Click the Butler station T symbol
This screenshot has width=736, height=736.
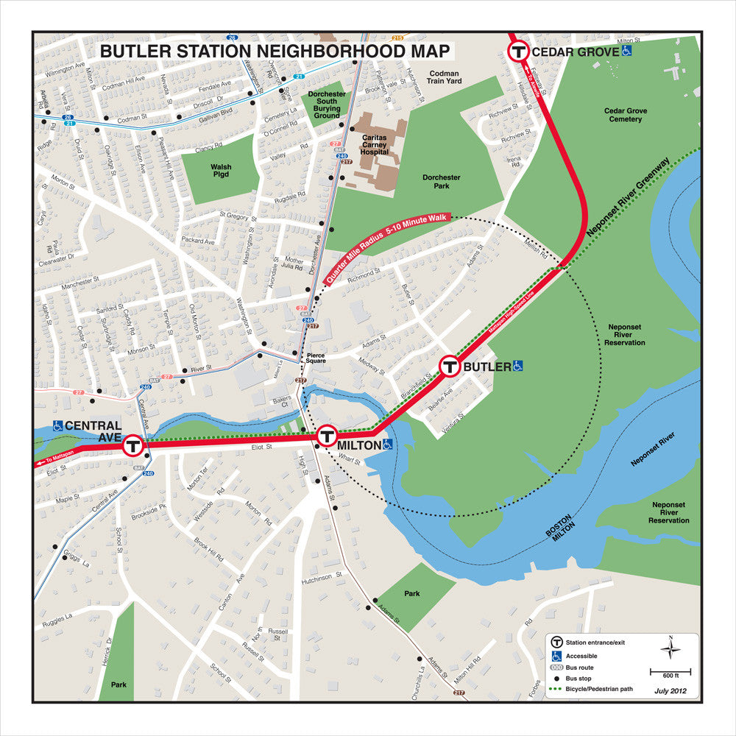450,366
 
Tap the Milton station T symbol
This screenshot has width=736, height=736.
327,436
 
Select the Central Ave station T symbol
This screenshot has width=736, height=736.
133,445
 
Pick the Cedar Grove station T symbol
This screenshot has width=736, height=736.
518,52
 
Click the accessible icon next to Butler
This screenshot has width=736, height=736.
518,366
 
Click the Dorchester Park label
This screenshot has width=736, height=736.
442,182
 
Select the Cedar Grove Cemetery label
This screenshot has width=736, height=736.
626,115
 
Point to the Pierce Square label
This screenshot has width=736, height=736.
316,358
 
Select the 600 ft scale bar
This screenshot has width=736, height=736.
669,671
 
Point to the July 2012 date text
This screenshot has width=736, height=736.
670,690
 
